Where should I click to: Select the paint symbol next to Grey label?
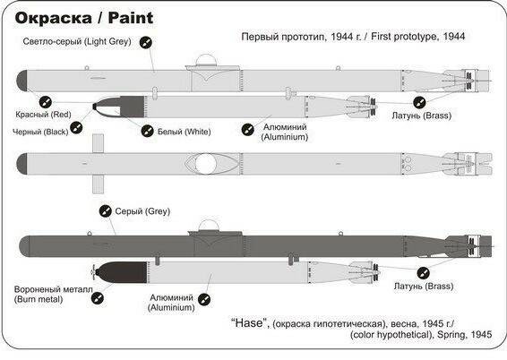coord(104,211)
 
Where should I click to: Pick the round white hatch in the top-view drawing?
coord(205,164)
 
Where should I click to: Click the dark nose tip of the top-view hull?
coord(24,164)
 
